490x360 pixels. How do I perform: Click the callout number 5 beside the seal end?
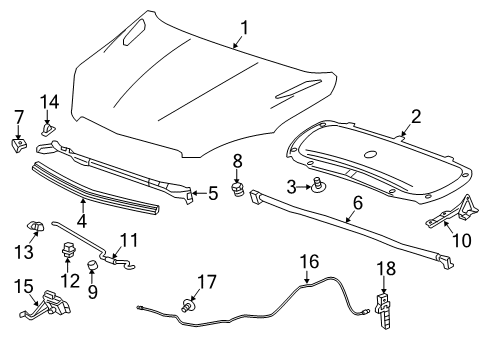click(x=212, y=194)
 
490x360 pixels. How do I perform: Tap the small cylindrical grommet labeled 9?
click(x=91, y=265)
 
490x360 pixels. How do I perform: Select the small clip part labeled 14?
click(x=47, y=128)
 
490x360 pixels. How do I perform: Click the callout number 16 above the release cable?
click(x=313, y=263)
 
